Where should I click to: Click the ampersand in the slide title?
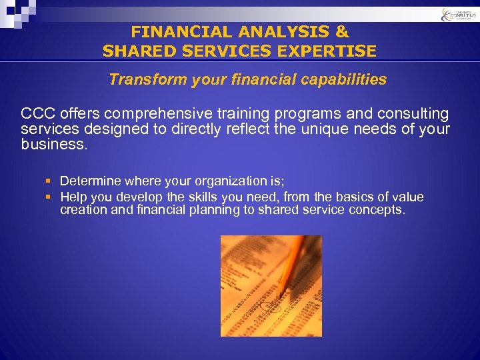pos(341,31)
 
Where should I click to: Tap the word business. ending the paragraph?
pos(54,143)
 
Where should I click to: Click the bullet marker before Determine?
pos(49,181)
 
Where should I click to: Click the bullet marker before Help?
pos(49,197)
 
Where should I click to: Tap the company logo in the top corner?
pos(455,15)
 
